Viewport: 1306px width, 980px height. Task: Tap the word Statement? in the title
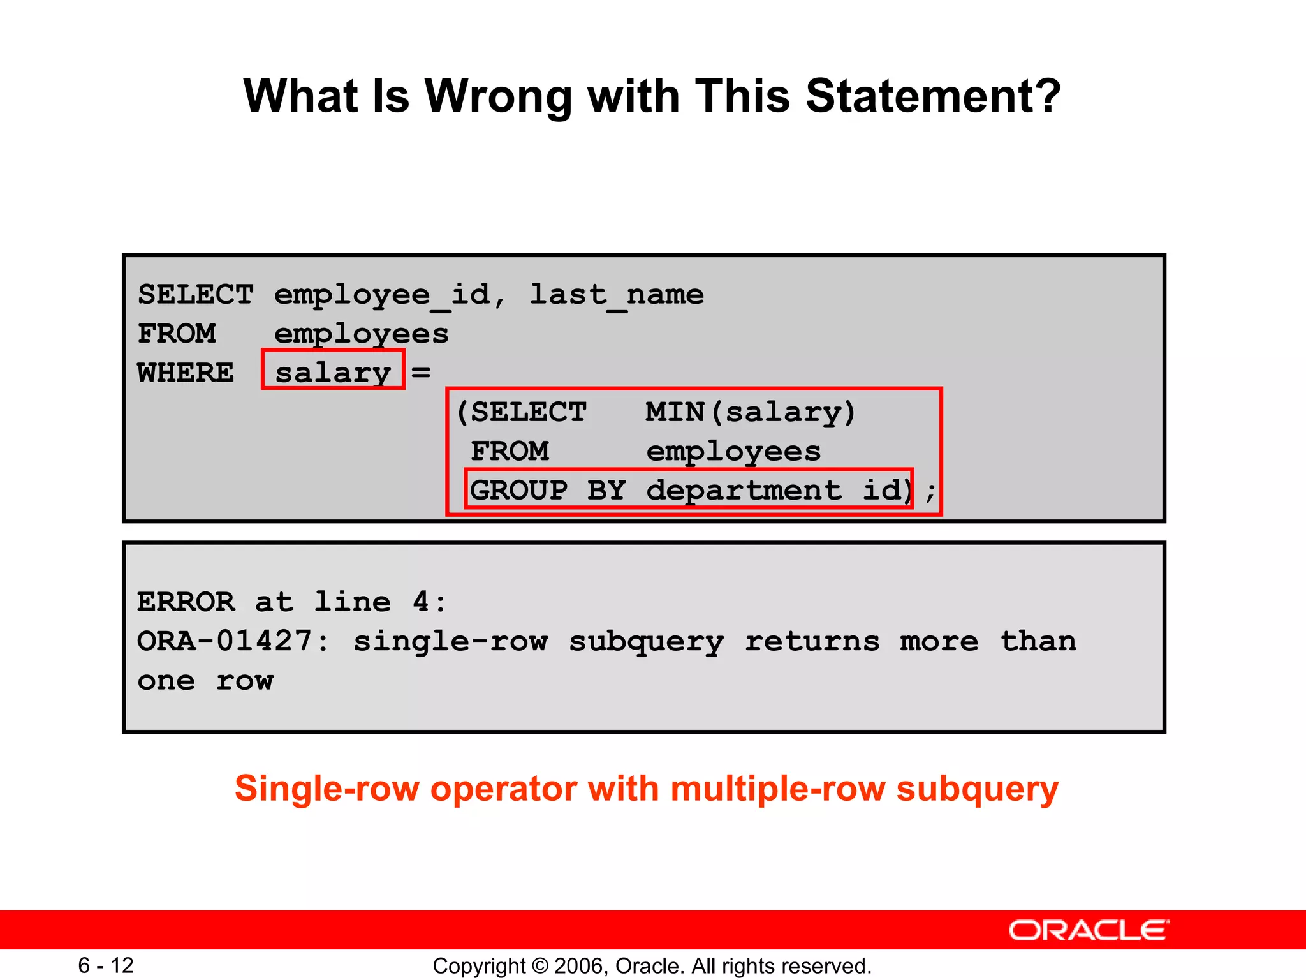933,97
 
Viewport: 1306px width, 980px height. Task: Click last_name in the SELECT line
617,295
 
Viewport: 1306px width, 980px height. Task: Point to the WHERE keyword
186,373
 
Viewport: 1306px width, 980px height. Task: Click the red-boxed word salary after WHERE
333,373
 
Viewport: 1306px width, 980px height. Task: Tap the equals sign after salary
421,373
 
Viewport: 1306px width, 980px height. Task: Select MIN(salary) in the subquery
750,412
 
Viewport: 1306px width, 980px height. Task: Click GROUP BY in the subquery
548,491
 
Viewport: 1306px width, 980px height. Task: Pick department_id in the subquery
778,491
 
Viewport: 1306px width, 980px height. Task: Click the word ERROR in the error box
186,602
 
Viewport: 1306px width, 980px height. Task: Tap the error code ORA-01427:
233,641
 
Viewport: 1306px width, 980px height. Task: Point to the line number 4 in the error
422,602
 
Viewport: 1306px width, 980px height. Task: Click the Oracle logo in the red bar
1089,930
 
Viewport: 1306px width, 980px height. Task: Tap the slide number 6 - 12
106,965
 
